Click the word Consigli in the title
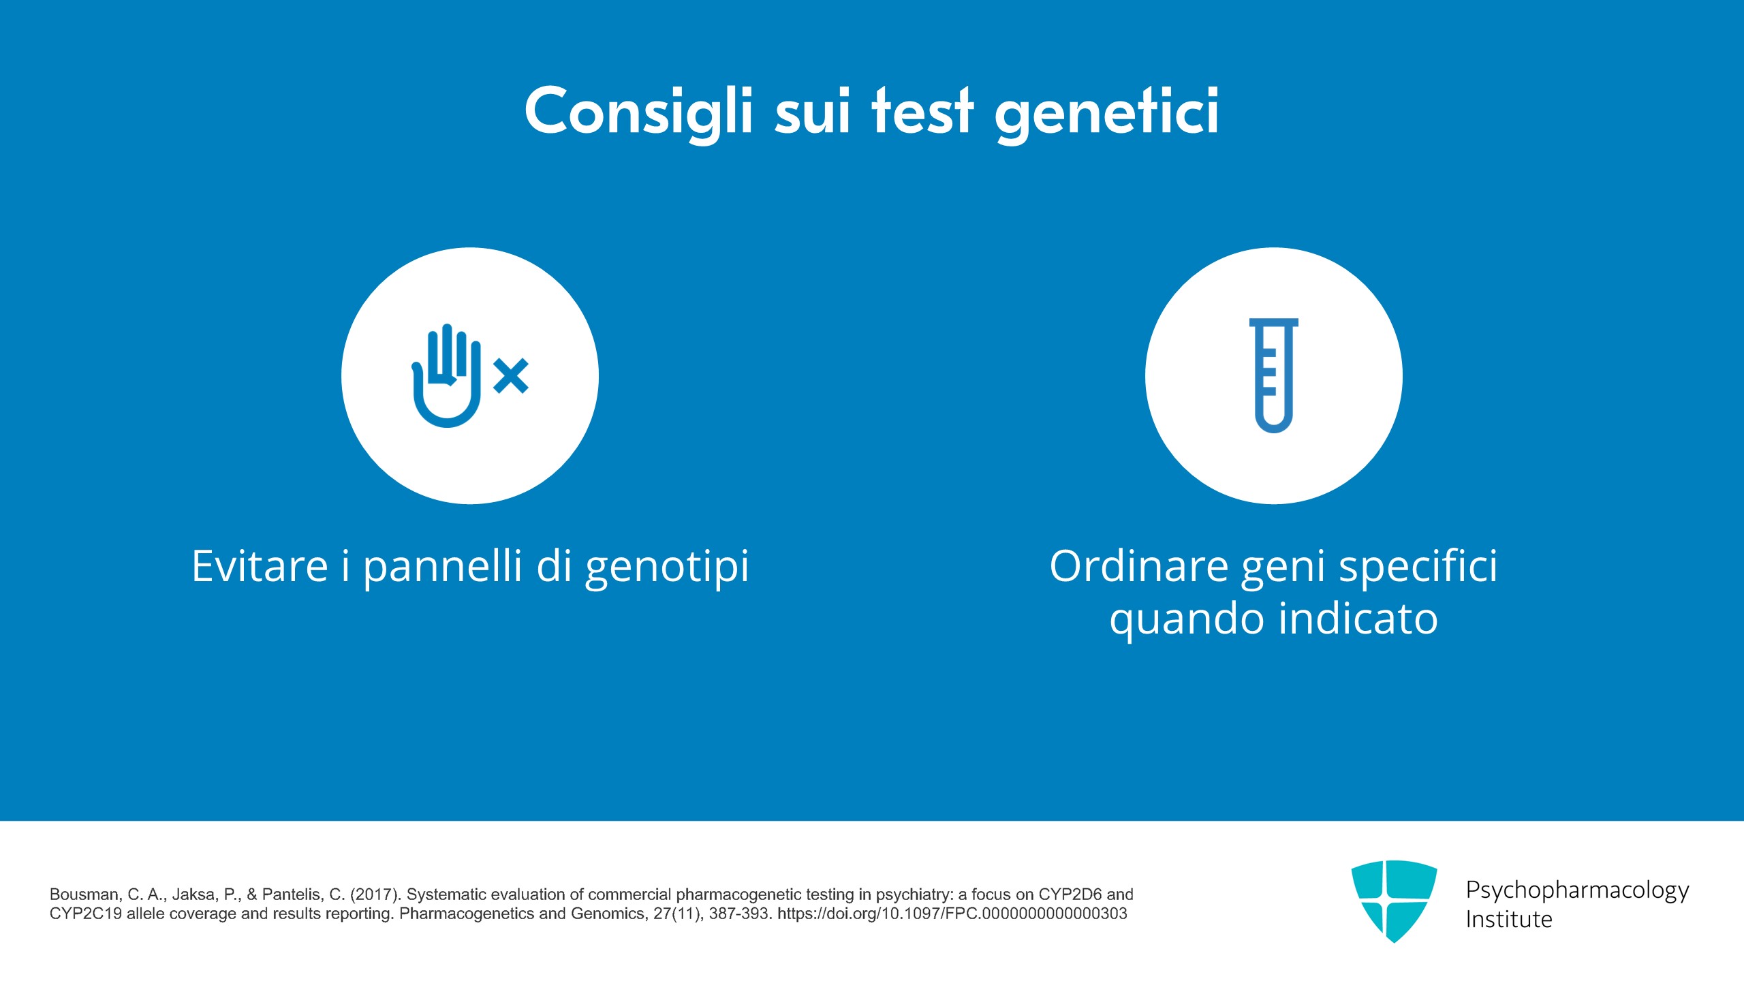coord(639,112)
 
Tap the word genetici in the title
coord(1107,112)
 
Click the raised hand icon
coord(447,375)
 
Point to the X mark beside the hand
coord(511,376)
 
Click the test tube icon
coord(1273,375)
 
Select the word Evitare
coord(260,566)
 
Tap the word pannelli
coord(443,567)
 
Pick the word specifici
coord(1418,567)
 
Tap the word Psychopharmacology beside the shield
coord(1577,890)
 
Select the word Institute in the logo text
coord(1509,920)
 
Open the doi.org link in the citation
coord(952,914)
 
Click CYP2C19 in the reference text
coord(86,914)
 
